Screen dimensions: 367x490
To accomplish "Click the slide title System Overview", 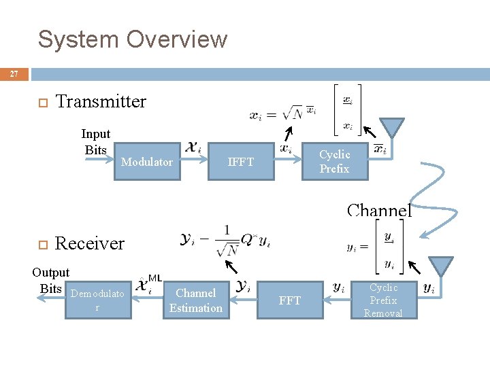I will point(132,39).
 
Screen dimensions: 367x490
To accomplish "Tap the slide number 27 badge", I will point(14,74).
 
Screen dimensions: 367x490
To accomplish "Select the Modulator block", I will point(147,162).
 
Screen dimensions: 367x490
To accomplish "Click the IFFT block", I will point(241,162).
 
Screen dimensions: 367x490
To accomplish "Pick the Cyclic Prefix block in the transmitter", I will point(334,162).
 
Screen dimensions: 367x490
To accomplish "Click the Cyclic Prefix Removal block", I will point(383,300).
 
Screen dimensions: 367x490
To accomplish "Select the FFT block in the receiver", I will point(289,300).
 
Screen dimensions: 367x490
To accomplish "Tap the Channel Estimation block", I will point(196,300).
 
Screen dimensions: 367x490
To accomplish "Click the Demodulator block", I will point(97,300).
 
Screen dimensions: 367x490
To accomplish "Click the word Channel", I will point(379,210).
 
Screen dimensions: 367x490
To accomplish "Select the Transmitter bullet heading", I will point(101,102).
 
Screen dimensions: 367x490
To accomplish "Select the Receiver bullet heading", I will point(90,243).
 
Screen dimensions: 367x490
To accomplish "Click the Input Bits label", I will point(95,142).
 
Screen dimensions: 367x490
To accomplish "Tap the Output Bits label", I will point(50,280).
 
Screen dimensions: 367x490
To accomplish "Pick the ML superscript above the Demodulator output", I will point(154,277).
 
